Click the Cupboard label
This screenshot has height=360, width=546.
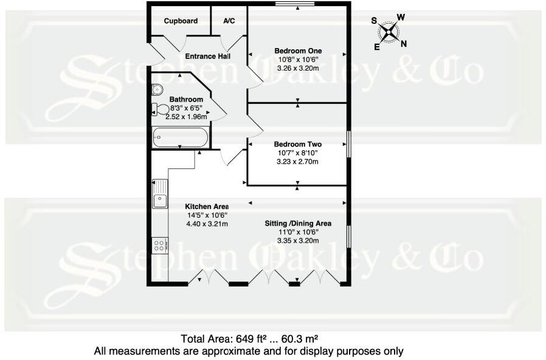click(181, 21)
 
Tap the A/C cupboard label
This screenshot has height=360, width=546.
click(229, 21)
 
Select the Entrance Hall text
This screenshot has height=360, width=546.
click(207, 56)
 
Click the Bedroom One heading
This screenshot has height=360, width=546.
click(298, 51)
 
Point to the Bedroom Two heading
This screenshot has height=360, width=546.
click(298, 144)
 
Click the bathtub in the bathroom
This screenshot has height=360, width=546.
click(181, 137)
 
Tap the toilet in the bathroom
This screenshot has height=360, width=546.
click(160, 109)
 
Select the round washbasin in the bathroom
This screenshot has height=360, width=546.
click(157, 89)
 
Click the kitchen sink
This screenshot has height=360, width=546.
click(160, 194)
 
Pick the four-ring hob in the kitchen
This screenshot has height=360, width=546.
click(160, 246)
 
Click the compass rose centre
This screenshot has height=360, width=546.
click(389, 32)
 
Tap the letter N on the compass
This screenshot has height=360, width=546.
click(404, 44)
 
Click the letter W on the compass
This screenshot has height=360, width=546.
click(401, 17)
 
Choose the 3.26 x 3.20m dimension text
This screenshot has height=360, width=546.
click(298, 68)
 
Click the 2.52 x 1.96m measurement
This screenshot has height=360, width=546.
click(186, 117)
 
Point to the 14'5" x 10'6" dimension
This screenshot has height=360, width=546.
click(207, 215)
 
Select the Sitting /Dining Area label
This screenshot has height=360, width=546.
click(298, 224)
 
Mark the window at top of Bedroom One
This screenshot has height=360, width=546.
click(295, 4)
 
